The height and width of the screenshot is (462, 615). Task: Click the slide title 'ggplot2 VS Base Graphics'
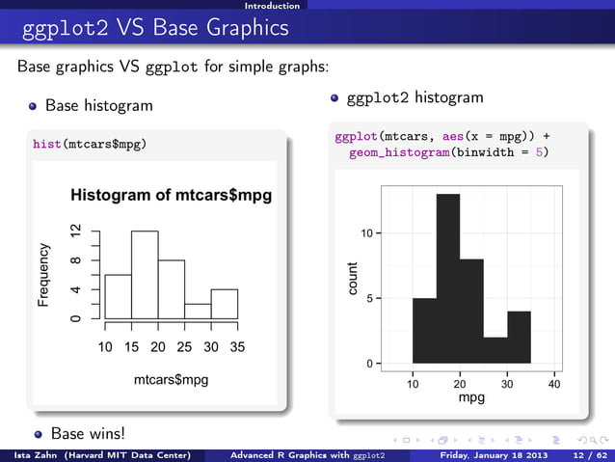pyautogui.click(x=152, y=28)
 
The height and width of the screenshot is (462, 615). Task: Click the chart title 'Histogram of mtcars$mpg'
pyautogui.click(x=171, y=196)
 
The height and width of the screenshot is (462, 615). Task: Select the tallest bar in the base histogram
pyautogui.click(x=145, y=275)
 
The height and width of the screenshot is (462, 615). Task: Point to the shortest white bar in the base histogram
pyautogui.click(x=198, y=311)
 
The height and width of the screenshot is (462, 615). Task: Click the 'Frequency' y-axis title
pyautogui.click(x=43, y=275)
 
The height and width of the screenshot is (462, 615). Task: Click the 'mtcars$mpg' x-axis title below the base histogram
pyautogui.click(x=171, y=380)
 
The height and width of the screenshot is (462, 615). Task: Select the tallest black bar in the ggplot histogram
pyautogui.click(x=447, y=280)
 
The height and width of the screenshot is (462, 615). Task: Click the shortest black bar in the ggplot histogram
pyautogui.click(x=495, y=350)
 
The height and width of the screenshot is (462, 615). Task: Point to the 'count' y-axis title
pyautogui.click(x=353, y=279)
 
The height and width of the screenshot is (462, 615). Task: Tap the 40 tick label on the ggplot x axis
pyautogui.click(x=554, y=383)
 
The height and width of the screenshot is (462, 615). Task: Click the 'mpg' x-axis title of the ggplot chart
pyautogui.click(x=471, y=396)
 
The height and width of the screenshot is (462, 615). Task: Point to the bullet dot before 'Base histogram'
pyautogui.click(x=33, y=104)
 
